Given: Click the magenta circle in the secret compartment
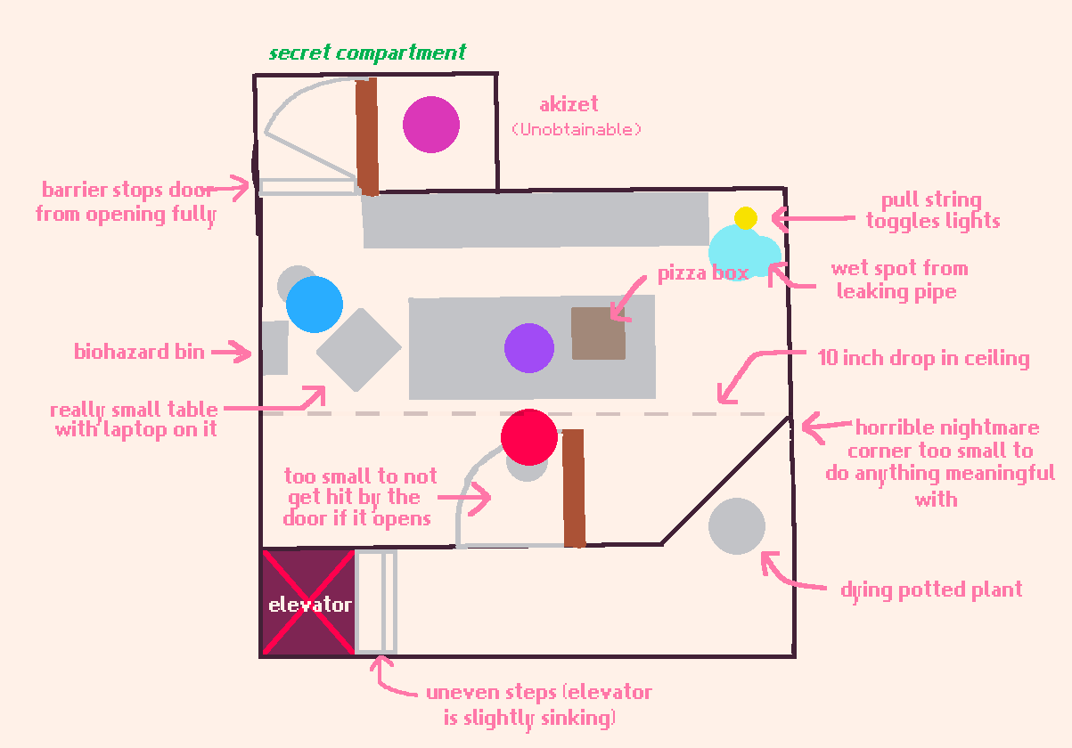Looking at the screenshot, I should pyautogui.click(x=431, y=125).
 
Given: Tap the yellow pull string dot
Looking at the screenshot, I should pyautogui.click(x=746, y=218).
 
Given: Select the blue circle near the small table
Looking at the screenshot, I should pyautogui.click(x=315, y=305).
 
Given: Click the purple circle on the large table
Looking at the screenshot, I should pyautogui.click(x=529, y=348).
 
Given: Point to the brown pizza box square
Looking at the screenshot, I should pyautogui.click(x=598, y=334).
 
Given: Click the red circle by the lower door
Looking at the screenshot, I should pyautogui.click(x=529, y=437).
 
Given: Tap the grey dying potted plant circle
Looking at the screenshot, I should pyautogui.click(x=737, y=526).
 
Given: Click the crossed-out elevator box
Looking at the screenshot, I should pyautogui.click(x=308, y=603).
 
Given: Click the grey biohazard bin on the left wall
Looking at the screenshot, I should pyautogui.click(x=274, y=348).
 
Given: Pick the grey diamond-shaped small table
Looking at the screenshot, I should pyautogui.click(x=359, y=350).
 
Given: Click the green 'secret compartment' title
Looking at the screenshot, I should pyautogui.click(x=367, y=53).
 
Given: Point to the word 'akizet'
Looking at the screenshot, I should pyautogui.click(x=569, y=105).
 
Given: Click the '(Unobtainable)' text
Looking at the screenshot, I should pyautogui.click(x=577, y=130).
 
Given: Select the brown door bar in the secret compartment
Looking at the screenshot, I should pyautogui.click(x=367, y=137).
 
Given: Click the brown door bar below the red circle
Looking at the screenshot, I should pyautogui.click(x=574, y=488).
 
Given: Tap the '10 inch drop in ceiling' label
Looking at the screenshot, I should pyautogui.click(x=923, y=359).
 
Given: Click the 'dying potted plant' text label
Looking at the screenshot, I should pyautogui.click(x=931, y=590).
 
